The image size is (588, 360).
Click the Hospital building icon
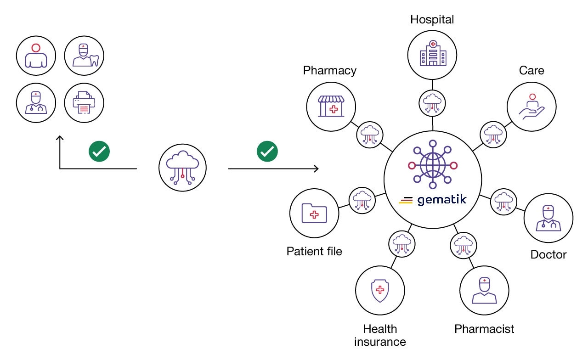pyautogui.click(x=432, y=53)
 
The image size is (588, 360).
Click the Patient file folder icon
pyautogui.click(x=314, y=213)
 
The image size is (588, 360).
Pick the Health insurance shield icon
pyautogui.click(x=380, y=290)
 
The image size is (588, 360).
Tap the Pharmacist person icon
pyautogui.click(x=484, y=290)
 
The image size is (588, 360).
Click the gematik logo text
pyautogui.click(x=441, y=200)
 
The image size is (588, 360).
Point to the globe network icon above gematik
pyautogui.click(x=432, y=166)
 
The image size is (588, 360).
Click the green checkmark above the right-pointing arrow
pyautogui.click(x=267, y=152)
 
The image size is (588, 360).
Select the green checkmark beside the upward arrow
pyautogui.click(x=99, y=152)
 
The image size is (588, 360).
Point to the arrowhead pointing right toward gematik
pyautogui.click(x=316, y=169)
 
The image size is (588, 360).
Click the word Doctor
pyautogui.click(x=548, y=254)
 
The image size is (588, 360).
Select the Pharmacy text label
pyautogui.click(x=329, y=70)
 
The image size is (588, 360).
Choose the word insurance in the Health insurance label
pyautogui.click(x=380, y=342)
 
